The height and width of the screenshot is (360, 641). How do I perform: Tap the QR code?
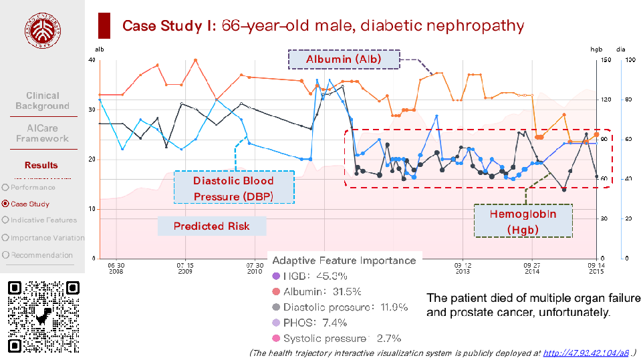point(43,317)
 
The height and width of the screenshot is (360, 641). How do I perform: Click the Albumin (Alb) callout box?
point(344,59)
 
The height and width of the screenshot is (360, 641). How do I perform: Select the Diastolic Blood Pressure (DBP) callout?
point(233,188)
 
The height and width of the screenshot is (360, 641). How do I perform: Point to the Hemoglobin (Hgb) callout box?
point(522,221)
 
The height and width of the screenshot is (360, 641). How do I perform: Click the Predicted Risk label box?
point(211,226)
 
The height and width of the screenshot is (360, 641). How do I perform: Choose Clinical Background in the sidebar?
point(43,101)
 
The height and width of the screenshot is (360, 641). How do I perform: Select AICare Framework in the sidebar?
point(43,133)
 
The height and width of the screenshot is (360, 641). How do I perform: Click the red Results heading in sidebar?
point(41,165)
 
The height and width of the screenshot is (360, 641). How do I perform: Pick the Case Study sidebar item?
point(29,204)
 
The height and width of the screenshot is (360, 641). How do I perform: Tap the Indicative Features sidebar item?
point(43,220)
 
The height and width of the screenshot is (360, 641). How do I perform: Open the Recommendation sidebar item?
point(41,255)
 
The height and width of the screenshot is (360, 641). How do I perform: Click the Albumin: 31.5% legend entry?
point(322,291)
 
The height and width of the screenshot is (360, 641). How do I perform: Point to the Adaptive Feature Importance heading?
point(344,260)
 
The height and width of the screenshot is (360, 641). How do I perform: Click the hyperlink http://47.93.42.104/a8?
point(586,353)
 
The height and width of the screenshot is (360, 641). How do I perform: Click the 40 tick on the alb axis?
point(92,60)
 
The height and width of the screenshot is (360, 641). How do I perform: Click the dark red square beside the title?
point(104,26)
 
